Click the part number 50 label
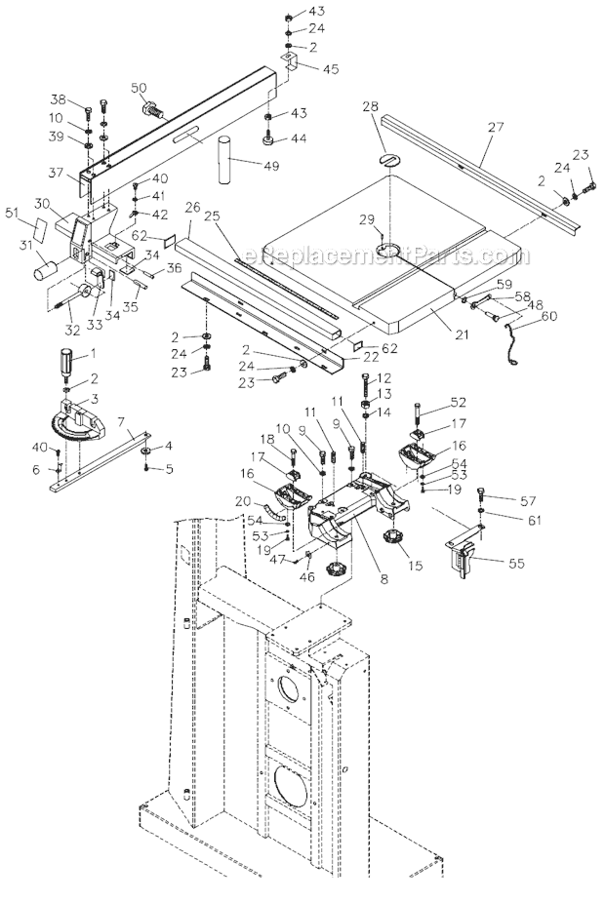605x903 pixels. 139,89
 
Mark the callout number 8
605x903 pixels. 384,578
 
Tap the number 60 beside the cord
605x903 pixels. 549,315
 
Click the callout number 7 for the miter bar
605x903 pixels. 120,421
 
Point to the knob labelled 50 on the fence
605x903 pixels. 153,109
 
